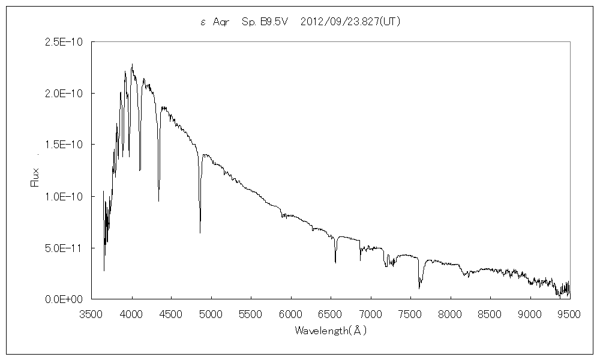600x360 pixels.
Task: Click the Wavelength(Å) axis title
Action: click(330, 331)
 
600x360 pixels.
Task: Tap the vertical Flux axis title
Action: click(34, 176)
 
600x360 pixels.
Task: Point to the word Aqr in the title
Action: click(221, 22)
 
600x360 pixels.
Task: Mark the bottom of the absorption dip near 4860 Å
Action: click(200, 232)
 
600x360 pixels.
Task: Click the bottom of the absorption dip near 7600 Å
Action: click(419, 288)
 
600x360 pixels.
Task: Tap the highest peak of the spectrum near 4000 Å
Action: click(132, 64)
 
